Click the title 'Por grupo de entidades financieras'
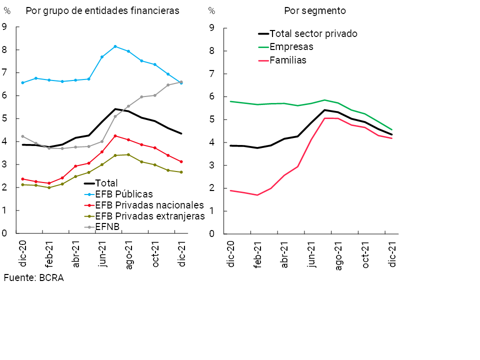(x=102, y=10)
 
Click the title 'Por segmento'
(x=315, y=10)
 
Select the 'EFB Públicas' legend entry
(x=123, y=194)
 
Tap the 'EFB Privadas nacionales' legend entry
(x=149, y=205)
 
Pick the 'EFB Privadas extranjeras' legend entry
(x=149, y=216)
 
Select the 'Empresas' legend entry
(x=291, y=47)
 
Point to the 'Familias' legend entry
(x=288, y=60)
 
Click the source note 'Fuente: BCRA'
(x=33, y=278)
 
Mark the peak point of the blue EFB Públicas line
(x=115, y=46)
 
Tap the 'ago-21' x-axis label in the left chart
(x=128, y=255)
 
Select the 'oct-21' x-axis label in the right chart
(x=365, y=255)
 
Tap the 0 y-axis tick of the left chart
(x=4, y=233)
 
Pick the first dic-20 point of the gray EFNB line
(x=22, y=136)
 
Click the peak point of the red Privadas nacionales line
(x=115, y=135)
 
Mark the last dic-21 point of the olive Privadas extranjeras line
(x=181, y=172)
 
